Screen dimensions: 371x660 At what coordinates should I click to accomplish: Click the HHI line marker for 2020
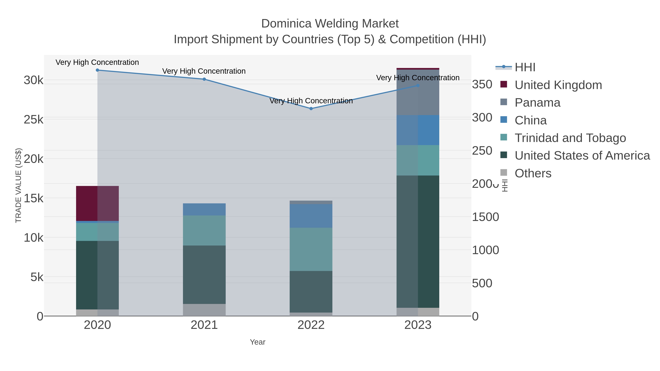click(x=97, y=70)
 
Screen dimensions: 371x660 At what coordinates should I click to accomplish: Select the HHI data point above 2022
click(x=311, y=109)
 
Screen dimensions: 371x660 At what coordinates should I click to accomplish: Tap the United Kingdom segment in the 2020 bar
click(x=97, y=203)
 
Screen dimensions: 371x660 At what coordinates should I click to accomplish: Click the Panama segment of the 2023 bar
click(x=418, y=92)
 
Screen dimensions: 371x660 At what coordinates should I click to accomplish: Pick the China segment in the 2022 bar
click(x=311, y=216)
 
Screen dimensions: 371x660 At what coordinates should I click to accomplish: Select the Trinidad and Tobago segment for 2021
click(x=204, y=230)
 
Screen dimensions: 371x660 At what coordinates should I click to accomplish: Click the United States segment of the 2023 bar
click(x=418, y=241)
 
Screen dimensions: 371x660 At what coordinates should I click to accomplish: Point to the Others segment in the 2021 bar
click(x=204, y=310)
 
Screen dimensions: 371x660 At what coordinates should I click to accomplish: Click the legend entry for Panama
click(x=537, y=103)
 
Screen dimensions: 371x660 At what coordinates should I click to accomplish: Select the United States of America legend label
click(x=582, y=156)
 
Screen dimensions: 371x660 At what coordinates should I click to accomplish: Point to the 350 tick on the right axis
click(x=482, y=84)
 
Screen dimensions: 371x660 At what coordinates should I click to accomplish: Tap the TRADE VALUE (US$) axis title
click(x=19, y=185)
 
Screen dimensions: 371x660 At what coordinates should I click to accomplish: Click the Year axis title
click(x=258, y=342)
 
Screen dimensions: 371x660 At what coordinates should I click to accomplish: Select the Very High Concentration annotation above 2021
click(x=204, y=71)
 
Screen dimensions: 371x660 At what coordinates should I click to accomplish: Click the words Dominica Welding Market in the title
click(x=330, y=24)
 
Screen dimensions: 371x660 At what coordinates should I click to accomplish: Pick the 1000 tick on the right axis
click(x=485, y=250)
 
